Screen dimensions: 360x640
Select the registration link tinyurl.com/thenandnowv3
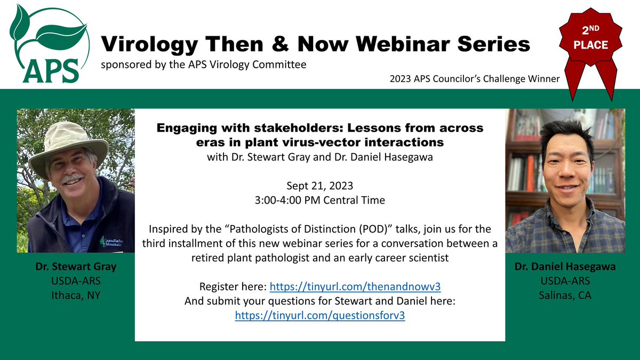tap(355, 286)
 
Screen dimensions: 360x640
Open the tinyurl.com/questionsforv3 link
tap(320, 315)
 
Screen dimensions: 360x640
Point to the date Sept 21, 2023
tap(320, 186)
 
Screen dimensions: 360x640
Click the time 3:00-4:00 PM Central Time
tap(320, 201)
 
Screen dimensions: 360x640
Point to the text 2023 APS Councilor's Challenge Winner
tap(474, 79)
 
